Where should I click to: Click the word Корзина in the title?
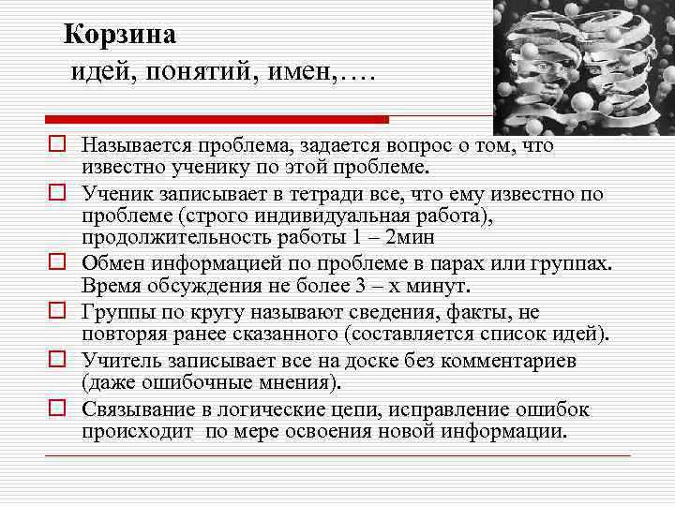coord(119,36)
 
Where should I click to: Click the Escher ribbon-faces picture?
coord(582,66)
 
